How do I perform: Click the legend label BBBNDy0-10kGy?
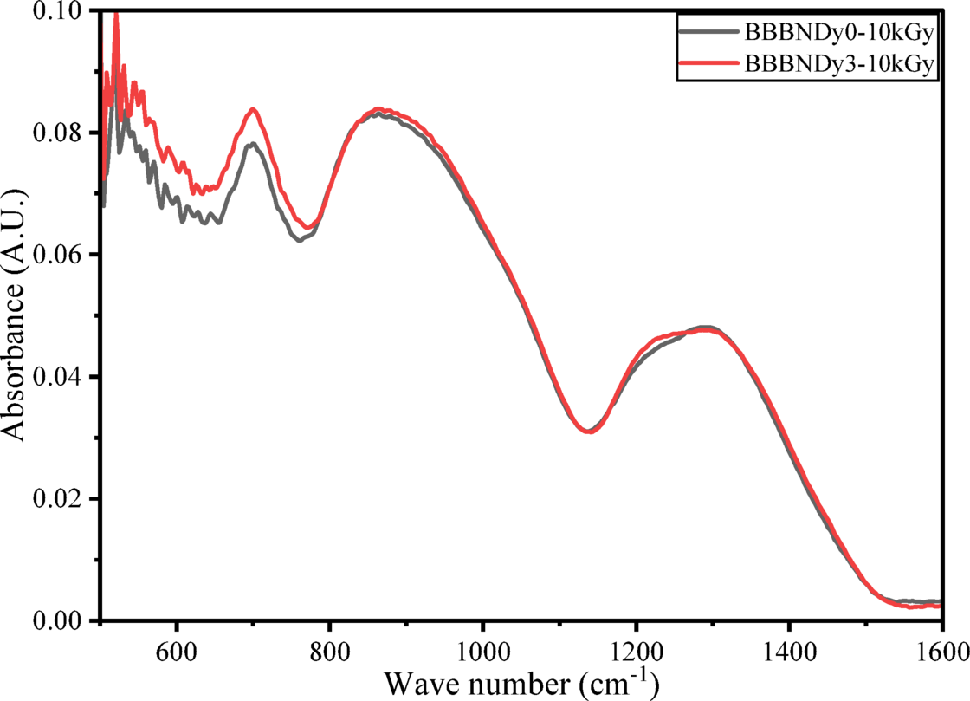tap(839, 34)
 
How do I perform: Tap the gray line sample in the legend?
tap(708, 34)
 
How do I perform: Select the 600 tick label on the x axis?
tap(178, 650)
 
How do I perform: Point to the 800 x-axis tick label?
tap(330, 650)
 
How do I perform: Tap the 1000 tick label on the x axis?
tap(483, 650)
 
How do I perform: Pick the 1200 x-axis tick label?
tap(636, 650)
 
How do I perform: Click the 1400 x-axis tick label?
tap(789, 650)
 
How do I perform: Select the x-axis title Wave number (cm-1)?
tap(521, 684)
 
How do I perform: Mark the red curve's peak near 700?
tap(253, 109)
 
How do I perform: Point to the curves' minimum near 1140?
tap(589, 431)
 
